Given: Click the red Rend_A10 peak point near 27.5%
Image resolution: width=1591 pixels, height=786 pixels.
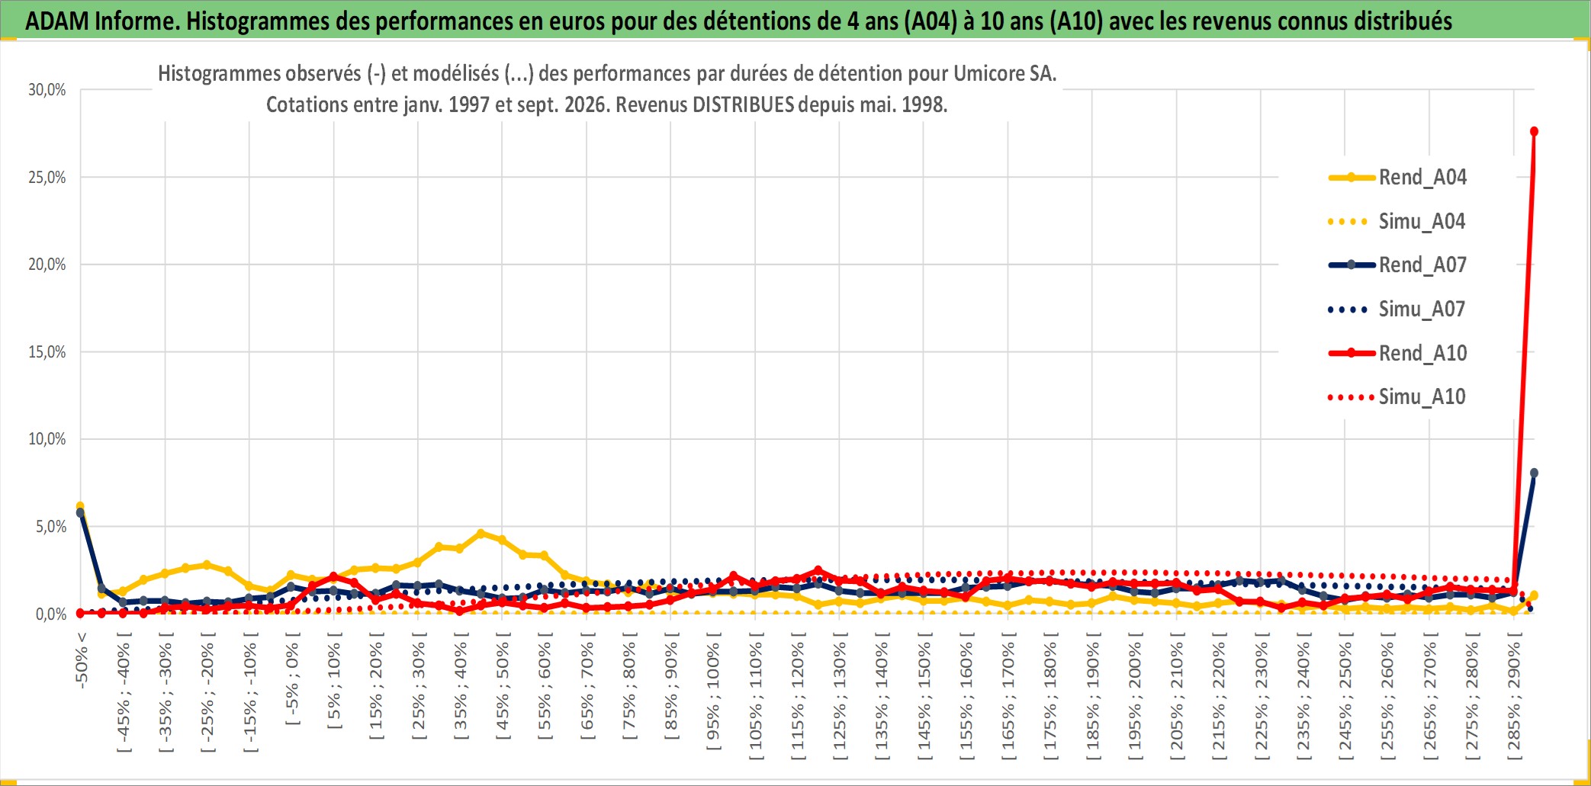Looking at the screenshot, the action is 1534,132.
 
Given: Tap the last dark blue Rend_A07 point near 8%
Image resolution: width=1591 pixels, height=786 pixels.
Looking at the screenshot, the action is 1534,473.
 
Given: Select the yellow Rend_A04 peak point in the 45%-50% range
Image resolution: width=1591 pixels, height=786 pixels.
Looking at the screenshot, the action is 481,534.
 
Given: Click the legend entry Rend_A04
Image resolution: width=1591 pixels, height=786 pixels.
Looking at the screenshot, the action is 1397,178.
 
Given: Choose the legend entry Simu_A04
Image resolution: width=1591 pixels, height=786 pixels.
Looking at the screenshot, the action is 1397,222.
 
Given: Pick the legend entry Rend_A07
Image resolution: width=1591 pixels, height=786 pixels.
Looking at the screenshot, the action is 1397,265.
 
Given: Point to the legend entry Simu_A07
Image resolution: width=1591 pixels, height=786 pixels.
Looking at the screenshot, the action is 1397,310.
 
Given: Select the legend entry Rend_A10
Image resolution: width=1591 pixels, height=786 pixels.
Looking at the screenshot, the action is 1397,354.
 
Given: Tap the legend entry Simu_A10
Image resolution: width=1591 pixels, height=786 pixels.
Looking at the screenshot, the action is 1397,397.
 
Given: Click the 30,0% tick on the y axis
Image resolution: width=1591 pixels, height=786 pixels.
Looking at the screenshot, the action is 47,90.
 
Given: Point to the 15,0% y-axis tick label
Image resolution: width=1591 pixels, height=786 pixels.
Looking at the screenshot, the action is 47,352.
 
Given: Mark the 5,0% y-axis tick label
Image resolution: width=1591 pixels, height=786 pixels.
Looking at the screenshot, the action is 51,527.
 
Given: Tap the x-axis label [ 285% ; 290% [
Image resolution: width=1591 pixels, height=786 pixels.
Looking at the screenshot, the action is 1514,701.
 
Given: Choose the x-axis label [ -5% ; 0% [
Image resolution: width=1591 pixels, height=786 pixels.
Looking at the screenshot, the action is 292,683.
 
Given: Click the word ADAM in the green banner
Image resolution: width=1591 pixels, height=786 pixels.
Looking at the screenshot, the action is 57,21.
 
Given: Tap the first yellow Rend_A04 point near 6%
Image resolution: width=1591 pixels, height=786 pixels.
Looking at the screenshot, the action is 80,506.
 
